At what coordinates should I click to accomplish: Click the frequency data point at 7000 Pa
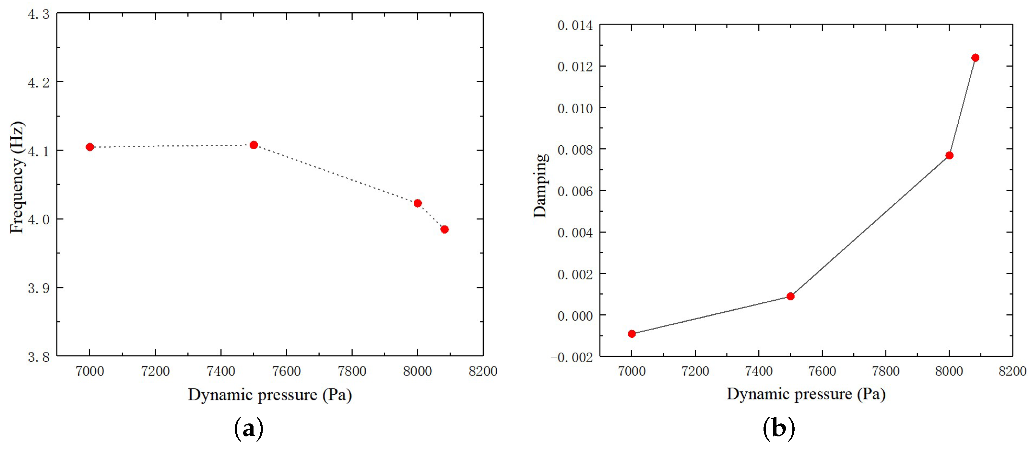(89, 147)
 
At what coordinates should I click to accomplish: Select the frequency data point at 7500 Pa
(254, 145)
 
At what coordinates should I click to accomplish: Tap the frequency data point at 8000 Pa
(418, 203)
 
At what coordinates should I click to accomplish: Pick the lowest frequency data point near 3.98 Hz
(444, 229)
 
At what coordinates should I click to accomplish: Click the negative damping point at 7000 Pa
(632, 334)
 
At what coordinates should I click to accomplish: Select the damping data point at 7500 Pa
(790, 296)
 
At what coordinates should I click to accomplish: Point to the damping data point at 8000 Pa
(949, 155)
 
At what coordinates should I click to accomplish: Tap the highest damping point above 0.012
(975, 58)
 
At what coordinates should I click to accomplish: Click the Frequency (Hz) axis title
(17, 177)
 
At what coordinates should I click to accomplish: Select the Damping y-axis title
(540, 186)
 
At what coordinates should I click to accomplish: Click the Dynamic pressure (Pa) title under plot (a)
(270, 395)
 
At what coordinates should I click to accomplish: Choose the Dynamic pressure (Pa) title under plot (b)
(806, 394)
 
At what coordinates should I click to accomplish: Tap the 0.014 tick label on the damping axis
(575, 26)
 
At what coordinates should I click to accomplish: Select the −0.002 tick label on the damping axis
(572, 357)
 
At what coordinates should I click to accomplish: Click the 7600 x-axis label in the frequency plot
(286, 371)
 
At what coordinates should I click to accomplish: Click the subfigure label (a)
(248, 428)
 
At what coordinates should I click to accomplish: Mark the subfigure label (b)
(778, 428)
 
